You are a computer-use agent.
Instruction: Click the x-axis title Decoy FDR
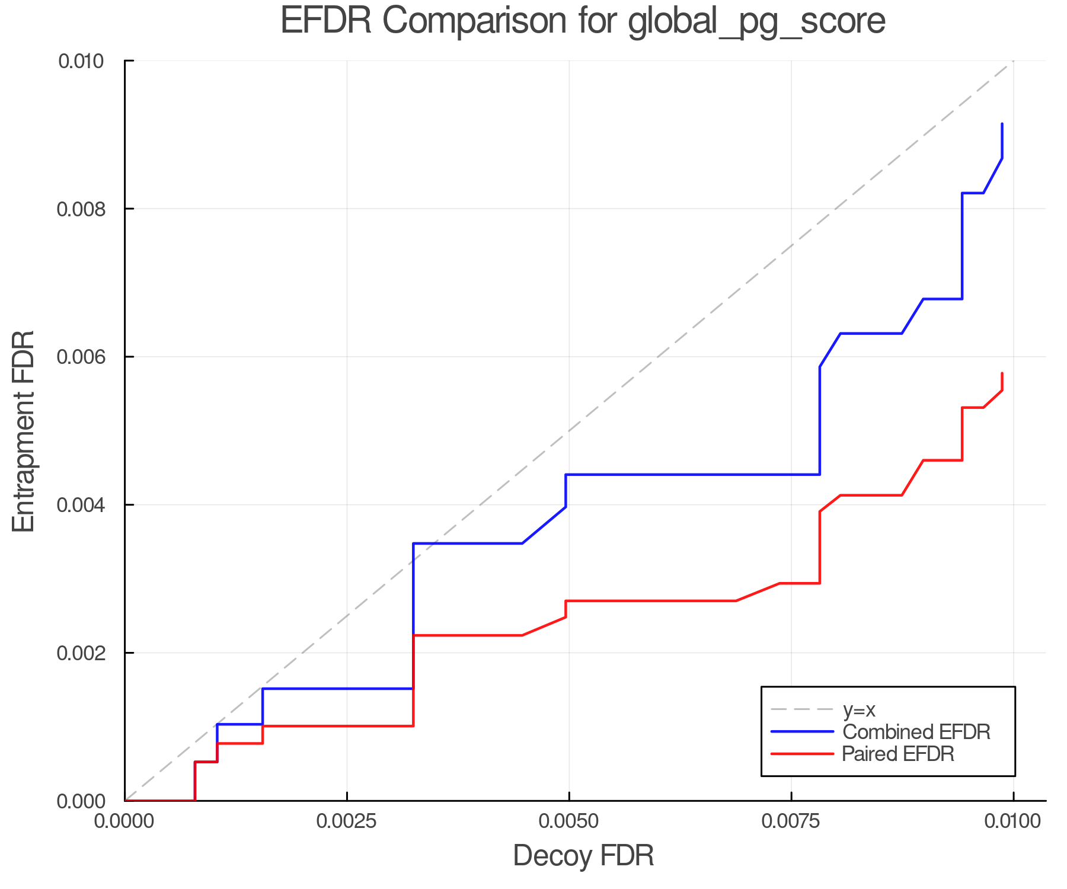click(x=583, y=856)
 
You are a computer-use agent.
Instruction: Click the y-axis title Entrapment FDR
click(x=24, y=431)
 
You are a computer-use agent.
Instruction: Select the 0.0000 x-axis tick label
click(x=124, y=821)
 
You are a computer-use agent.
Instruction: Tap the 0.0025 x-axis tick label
click(x=347, y=821)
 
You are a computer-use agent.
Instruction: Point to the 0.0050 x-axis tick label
click(x=569, y=821)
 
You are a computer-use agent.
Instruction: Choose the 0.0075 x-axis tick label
click(x=791, y=821)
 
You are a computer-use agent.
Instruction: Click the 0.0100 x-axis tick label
click(x=1014, y=821)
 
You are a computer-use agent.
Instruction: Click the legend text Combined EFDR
click(x=916, y=732)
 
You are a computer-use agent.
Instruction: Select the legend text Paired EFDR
click(x=898, y=754)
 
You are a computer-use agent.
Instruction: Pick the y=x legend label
click(x=859, y=709)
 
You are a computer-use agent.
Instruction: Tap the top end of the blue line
click(x=1002, y=124)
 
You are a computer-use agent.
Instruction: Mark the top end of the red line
click(x=1002, y=373)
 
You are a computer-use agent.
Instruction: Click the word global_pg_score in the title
click(x=756, y=21)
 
